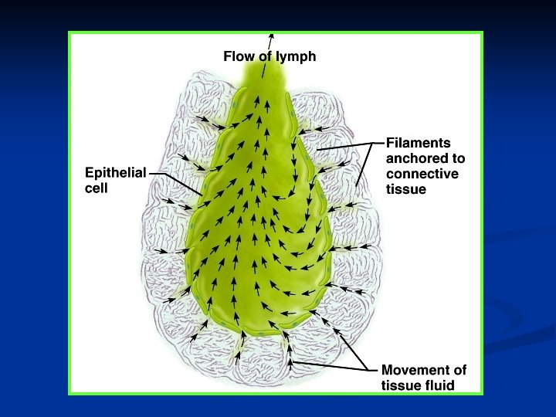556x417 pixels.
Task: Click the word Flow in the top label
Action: pyautogui.click(x=238, y=56)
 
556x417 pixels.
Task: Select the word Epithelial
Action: pyautogui.click(x=115, y=173)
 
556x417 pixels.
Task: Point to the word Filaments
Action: pyautogui.click(x=419, y=143)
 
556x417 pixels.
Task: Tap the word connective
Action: pyautogui.click(x=422, y=174)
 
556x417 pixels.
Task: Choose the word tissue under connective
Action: pyautogui.click(x=406, y=188)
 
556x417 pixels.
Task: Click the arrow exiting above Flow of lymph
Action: pyautogui.click(x=271, y=39)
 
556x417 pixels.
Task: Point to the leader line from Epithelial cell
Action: pyautogui.click(x=176, y=182)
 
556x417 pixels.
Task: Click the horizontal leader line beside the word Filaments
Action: pyautogui.click(x=371, y=143)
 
